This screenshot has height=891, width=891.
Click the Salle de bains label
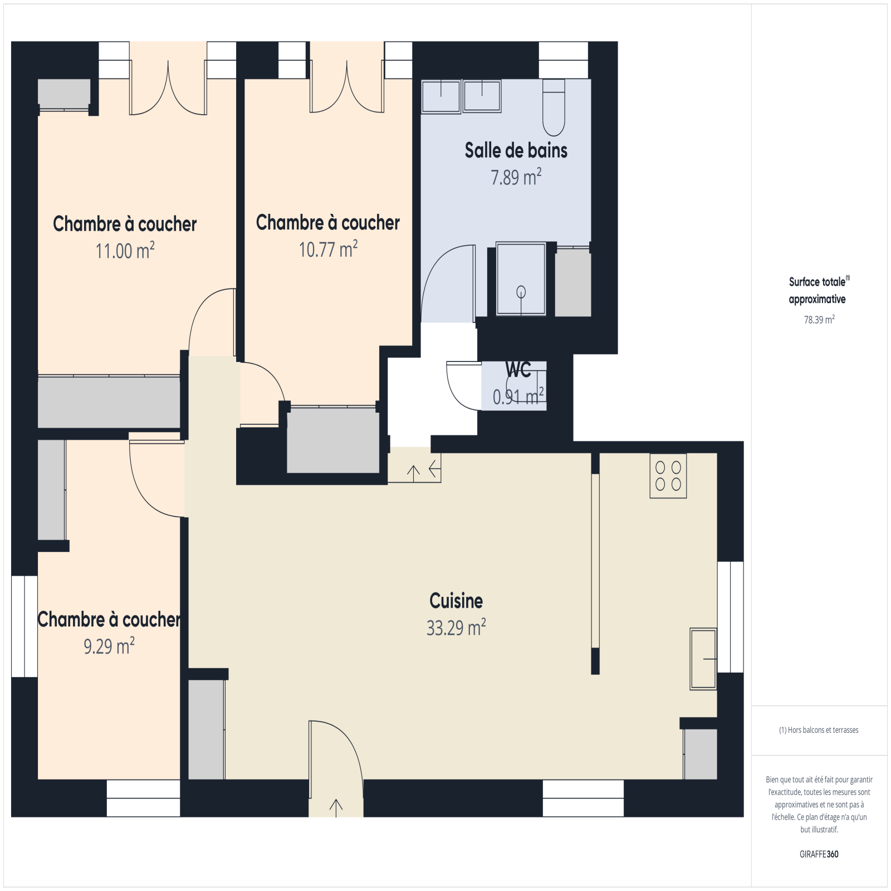click(x=516, y=150)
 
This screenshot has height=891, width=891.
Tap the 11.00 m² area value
click(x=125, y=251)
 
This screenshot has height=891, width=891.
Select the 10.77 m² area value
click(x=328, y=249)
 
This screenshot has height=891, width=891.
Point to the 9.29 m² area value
click(x=109, y=646)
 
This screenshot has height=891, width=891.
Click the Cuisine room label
click(x=456, y=600)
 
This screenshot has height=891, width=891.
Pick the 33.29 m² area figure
click(x=456, y=628)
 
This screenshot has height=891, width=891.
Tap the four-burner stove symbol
click(x=668, y=476)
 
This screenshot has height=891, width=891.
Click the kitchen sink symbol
click(x=703, y=659)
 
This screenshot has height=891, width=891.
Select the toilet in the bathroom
click(x=554, y=107)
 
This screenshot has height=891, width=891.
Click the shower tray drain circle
click(x=521, y=291)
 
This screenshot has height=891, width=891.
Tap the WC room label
click(x=518, y=369)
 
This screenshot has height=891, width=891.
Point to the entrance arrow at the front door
click(x=336, y=808)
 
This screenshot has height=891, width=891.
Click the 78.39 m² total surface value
click(x=819, y=320)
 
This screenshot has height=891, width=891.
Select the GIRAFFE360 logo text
click(x=819, y=854)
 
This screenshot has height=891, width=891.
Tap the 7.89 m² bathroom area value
click(x=516, y=177)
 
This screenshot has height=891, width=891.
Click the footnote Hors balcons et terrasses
click(x=819, y=730)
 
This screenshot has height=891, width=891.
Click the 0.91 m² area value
click(x=518, y=396)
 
